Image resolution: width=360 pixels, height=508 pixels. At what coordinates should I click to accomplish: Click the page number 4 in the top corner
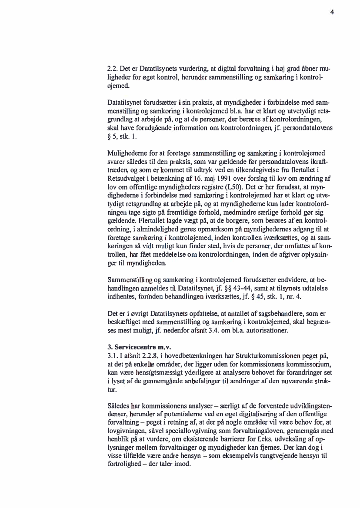(332, 12)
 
